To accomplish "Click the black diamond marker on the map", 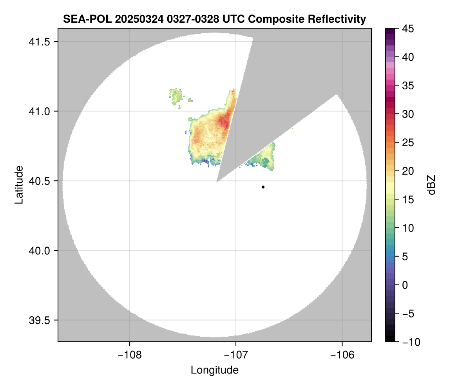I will coord(263,187).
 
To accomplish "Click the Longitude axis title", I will coord(215,370).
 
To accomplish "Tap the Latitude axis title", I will coord(19,185).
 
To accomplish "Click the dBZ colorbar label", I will coord(431,185).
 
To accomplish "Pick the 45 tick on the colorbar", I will coord(408,29).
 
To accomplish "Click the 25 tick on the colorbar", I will coord(408,143).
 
